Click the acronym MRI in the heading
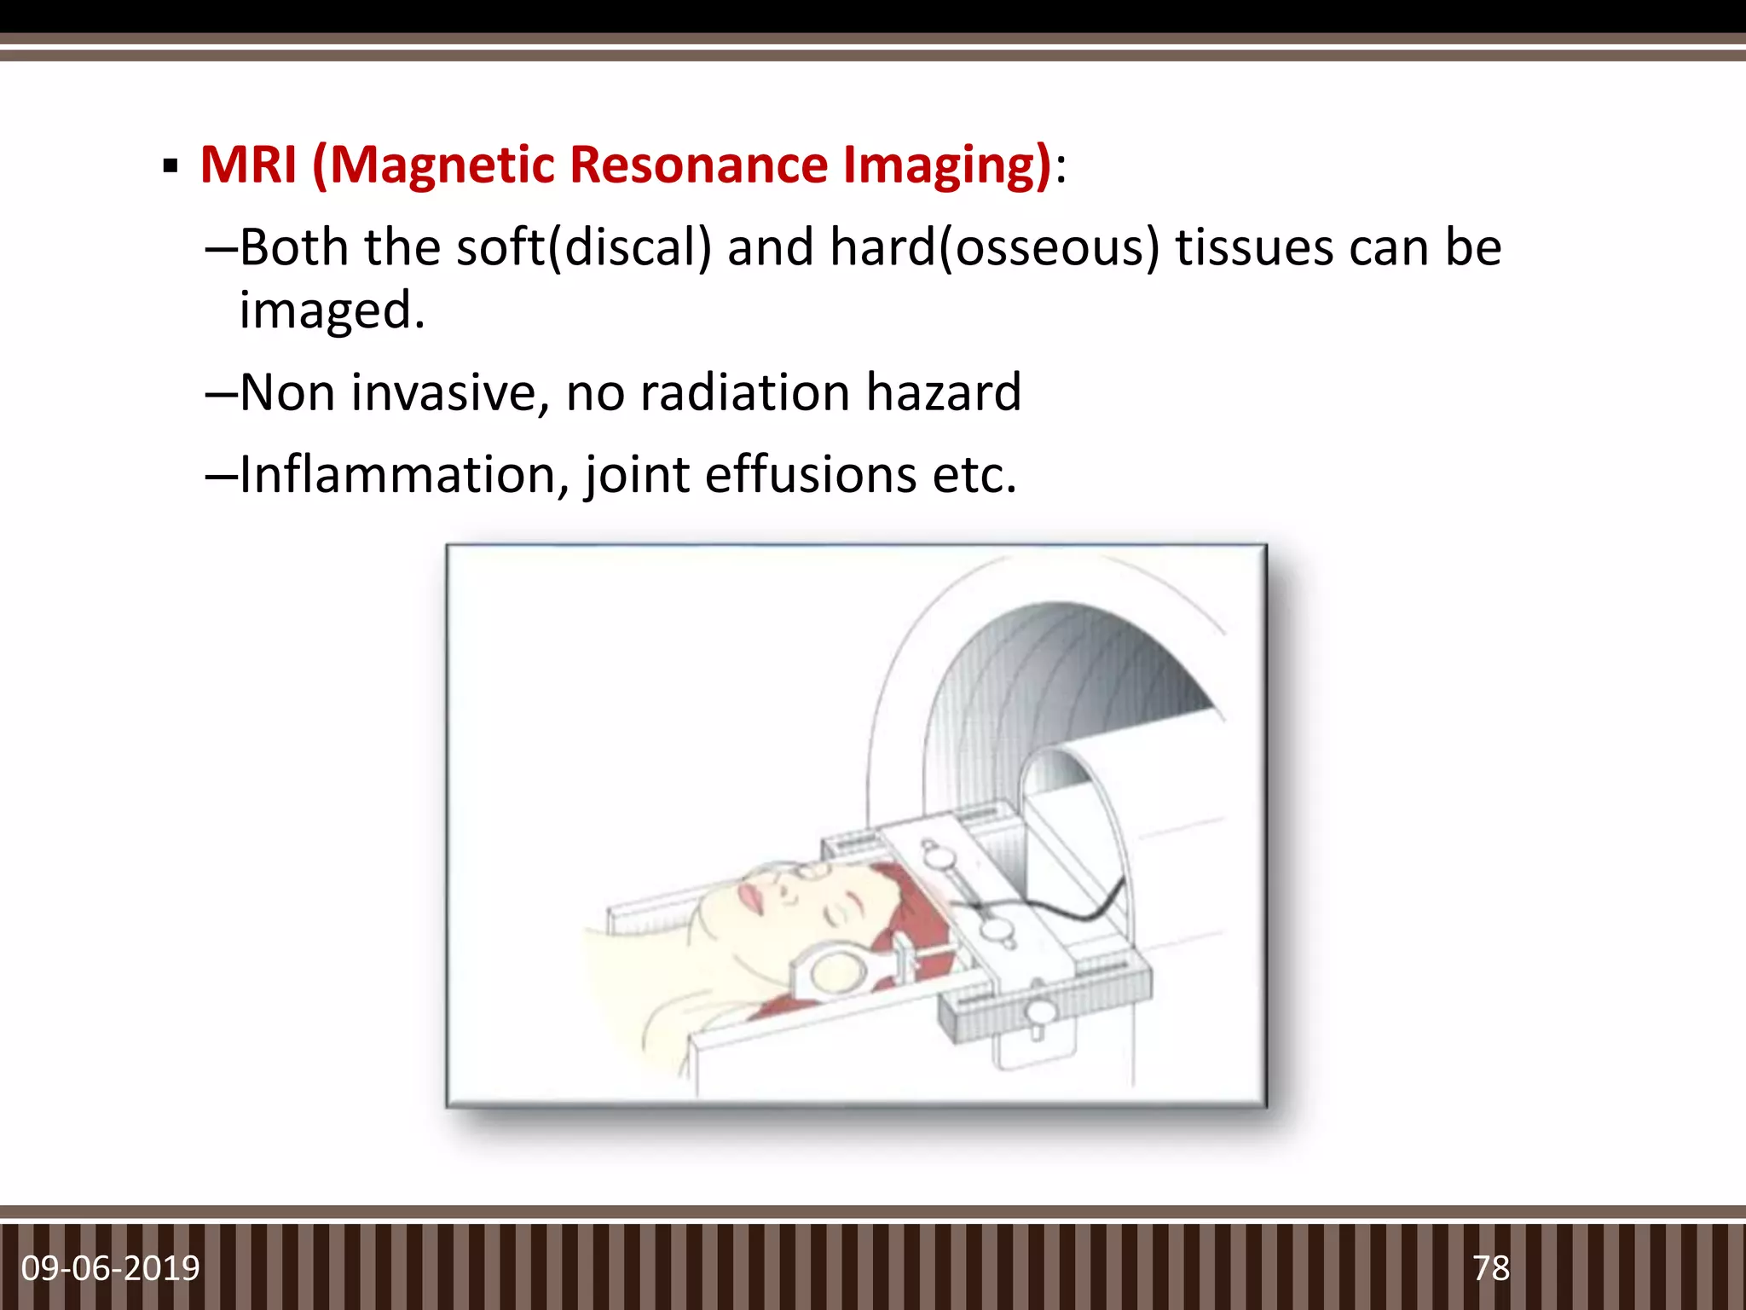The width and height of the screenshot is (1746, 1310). pos(248,164)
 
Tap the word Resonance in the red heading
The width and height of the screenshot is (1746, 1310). pos(699,164)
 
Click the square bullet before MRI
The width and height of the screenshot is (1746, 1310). pos(171,165)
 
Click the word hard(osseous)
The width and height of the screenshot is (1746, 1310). pos(994,248)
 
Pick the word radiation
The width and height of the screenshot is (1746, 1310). pos(745,392)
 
